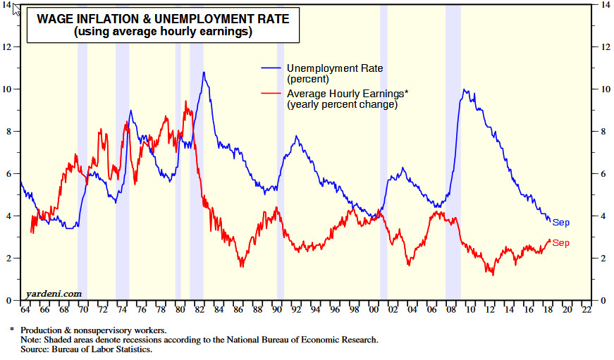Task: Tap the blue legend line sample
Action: (272, 68)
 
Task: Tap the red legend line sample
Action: (272, 94)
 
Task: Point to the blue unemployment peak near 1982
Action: (204, 73)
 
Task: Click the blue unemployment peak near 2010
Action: (465, 89)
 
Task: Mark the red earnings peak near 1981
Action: (185, 101)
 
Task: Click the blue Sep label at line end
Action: (561, 223)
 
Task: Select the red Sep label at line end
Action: (561, 243)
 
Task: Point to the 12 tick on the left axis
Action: (8, 46)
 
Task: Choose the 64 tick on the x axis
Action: (26, 309)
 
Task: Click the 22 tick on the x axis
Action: (587, 309)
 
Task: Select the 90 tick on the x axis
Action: (277, 309)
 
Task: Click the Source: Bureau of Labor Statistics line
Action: (86, 349)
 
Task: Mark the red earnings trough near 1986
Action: (242, 266)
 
